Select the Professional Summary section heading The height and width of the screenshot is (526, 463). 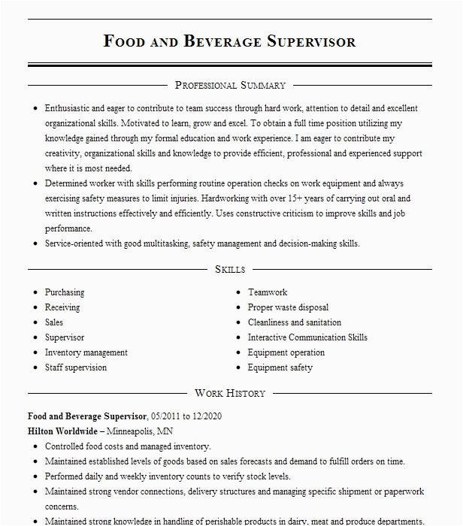click(230, 86)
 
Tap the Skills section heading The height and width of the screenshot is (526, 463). click(230, 269)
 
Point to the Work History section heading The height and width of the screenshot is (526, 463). click(230, 393)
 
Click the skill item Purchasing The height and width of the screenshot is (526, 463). click(65, 292)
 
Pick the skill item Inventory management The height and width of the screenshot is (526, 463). click(86, 352)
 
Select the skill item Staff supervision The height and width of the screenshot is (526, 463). click(76, 367)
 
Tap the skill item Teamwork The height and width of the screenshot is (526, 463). click(268, 292)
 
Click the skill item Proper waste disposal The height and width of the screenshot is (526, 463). click(288, 307)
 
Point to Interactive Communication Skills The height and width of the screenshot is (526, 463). click(307, 337)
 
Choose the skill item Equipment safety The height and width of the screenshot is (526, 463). click(280, 367)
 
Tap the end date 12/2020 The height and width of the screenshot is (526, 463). click(207, 416)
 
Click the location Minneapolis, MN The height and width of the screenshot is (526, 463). click(140, 431)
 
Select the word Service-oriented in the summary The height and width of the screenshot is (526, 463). click(77, 243)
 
